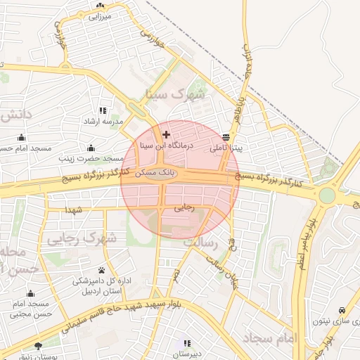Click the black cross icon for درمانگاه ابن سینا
point(166,134)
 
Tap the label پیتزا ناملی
point(226,148)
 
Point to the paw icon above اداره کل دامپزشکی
point(103,270)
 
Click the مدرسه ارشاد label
point(103,121)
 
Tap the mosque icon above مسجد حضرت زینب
point(91,148)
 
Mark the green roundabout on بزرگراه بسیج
point(327,194)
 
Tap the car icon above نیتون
point(342,310)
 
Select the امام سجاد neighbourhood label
point(271,338)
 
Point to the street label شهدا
point(74,210)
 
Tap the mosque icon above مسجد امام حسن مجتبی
point(30,294)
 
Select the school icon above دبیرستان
point(187,343)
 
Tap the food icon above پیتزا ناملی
point(225,138)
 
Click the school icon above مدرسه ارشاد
point(103,110)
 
